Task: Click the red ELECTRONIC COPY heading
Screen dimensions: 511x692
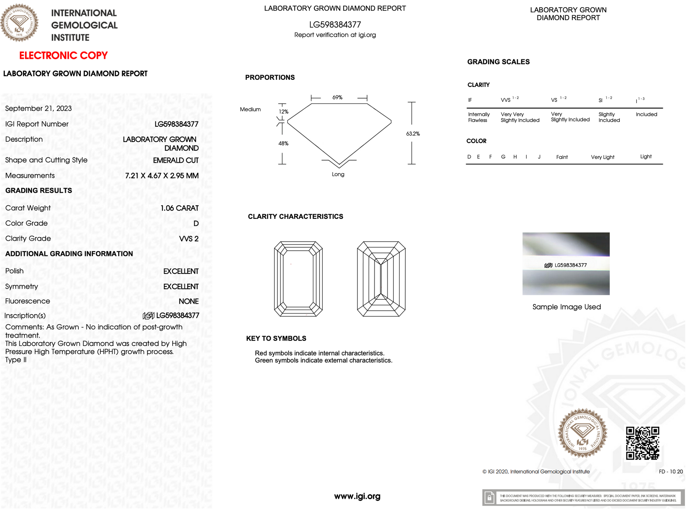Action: (x=63, y=55)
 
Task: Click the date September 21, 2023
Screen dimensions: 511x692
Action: (x=39, y=109)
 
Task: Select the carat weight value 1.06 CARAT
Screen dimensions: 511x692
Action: (x=179, y=208)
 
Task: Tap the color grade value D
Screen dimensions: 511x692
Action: (x=196, y=224)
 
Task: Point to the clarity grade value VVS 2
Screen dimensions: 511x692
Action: (x=189, y=239)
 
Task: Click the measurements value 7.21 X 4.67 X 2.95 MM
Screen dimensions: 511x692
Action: (x=162, y=176)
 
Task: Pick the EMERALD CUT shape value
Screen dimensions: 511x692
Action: (x=176, y=161)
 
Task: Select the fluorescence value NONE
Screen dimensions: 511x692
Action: (x=189, y=301)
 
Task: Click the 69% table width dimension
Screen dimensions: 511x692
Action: (x=337, y=97)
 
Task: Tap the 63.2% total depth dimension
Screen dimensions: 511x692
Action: (x=413, y=134)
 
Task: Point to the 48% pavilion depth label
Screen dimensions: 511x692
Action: (x=283, y=144)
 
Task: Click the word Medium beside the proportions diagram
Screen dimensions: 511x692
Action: (x=250, y=110)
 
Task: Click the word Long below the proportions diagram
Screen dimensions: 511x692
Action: (x=338, y=175)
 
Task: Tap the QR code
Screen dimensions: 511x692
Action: (x=642, y=443)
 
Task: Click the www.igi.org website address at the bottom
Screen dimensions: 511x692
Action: (x=357, y=496)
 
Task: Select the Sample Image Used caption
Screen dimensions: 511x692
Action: (x=566, y=307)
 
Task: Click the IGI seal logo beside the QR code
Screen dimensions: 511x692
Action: (x=582, y=433)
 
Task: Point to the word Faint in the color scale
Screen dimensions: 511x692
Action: (x=562, y=157)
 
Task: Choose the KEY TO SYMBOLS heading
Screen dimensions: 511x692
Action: (x=276, y=339)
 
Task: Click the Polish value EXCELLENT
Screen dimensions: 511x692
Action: (x=181, y=271)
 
